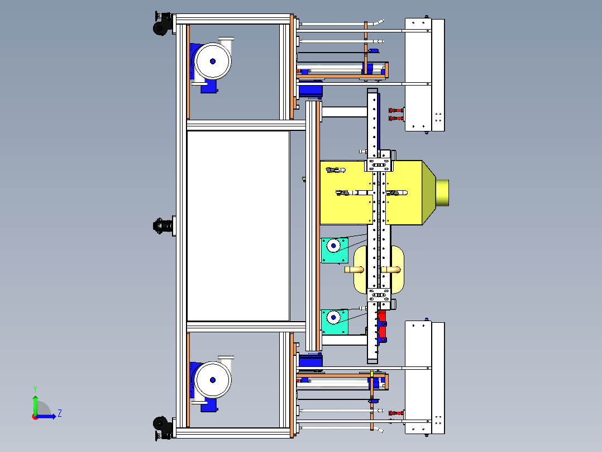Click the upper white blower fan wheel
click(212, 61)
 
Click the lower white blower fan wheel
click(212, 380)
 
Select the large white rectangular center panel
click(238, 226)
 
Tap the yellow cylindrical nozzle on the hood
click(442, 192)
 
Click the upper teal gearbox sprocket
click(333, 246)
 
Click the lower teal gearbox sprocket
click(333, 317)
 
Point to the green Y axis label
click(35, 389)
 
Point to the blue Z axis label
click(60, 413)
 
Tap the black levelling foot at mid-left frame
click(163, 226)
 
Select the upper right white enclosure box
click(424, 75)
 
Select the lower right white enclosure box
click(424, 378)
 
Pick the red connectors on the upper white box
click(396, 114)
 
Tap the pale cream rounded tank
click(379, 270)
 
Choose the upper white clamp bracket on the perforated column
click(379, 164)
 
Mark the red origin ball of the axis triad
click(35, 417)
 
